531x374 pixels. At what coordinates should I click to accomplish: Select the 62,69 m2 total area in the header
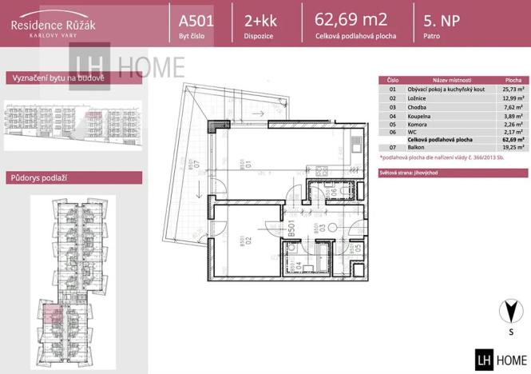point(351,19)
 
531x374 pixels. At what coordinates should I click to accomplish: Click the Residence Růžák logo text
point(53,25)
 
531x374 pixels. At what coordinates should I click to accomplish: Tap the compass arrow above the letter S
point(503,309)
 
